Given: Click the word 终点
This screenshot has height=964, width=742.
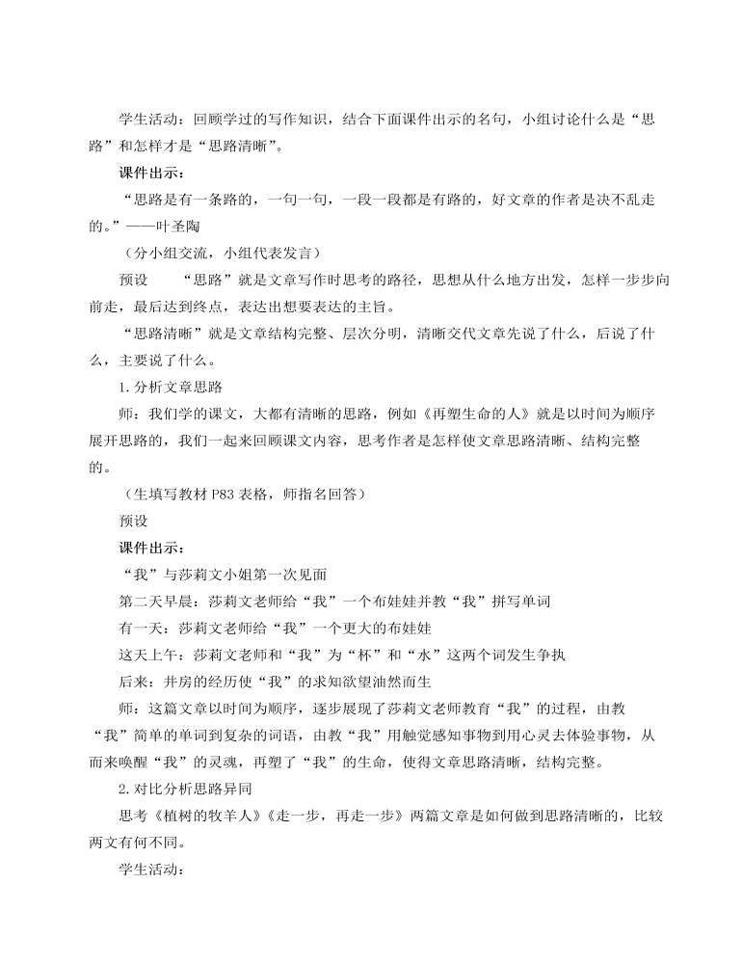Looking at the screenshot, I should [224, 307].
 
